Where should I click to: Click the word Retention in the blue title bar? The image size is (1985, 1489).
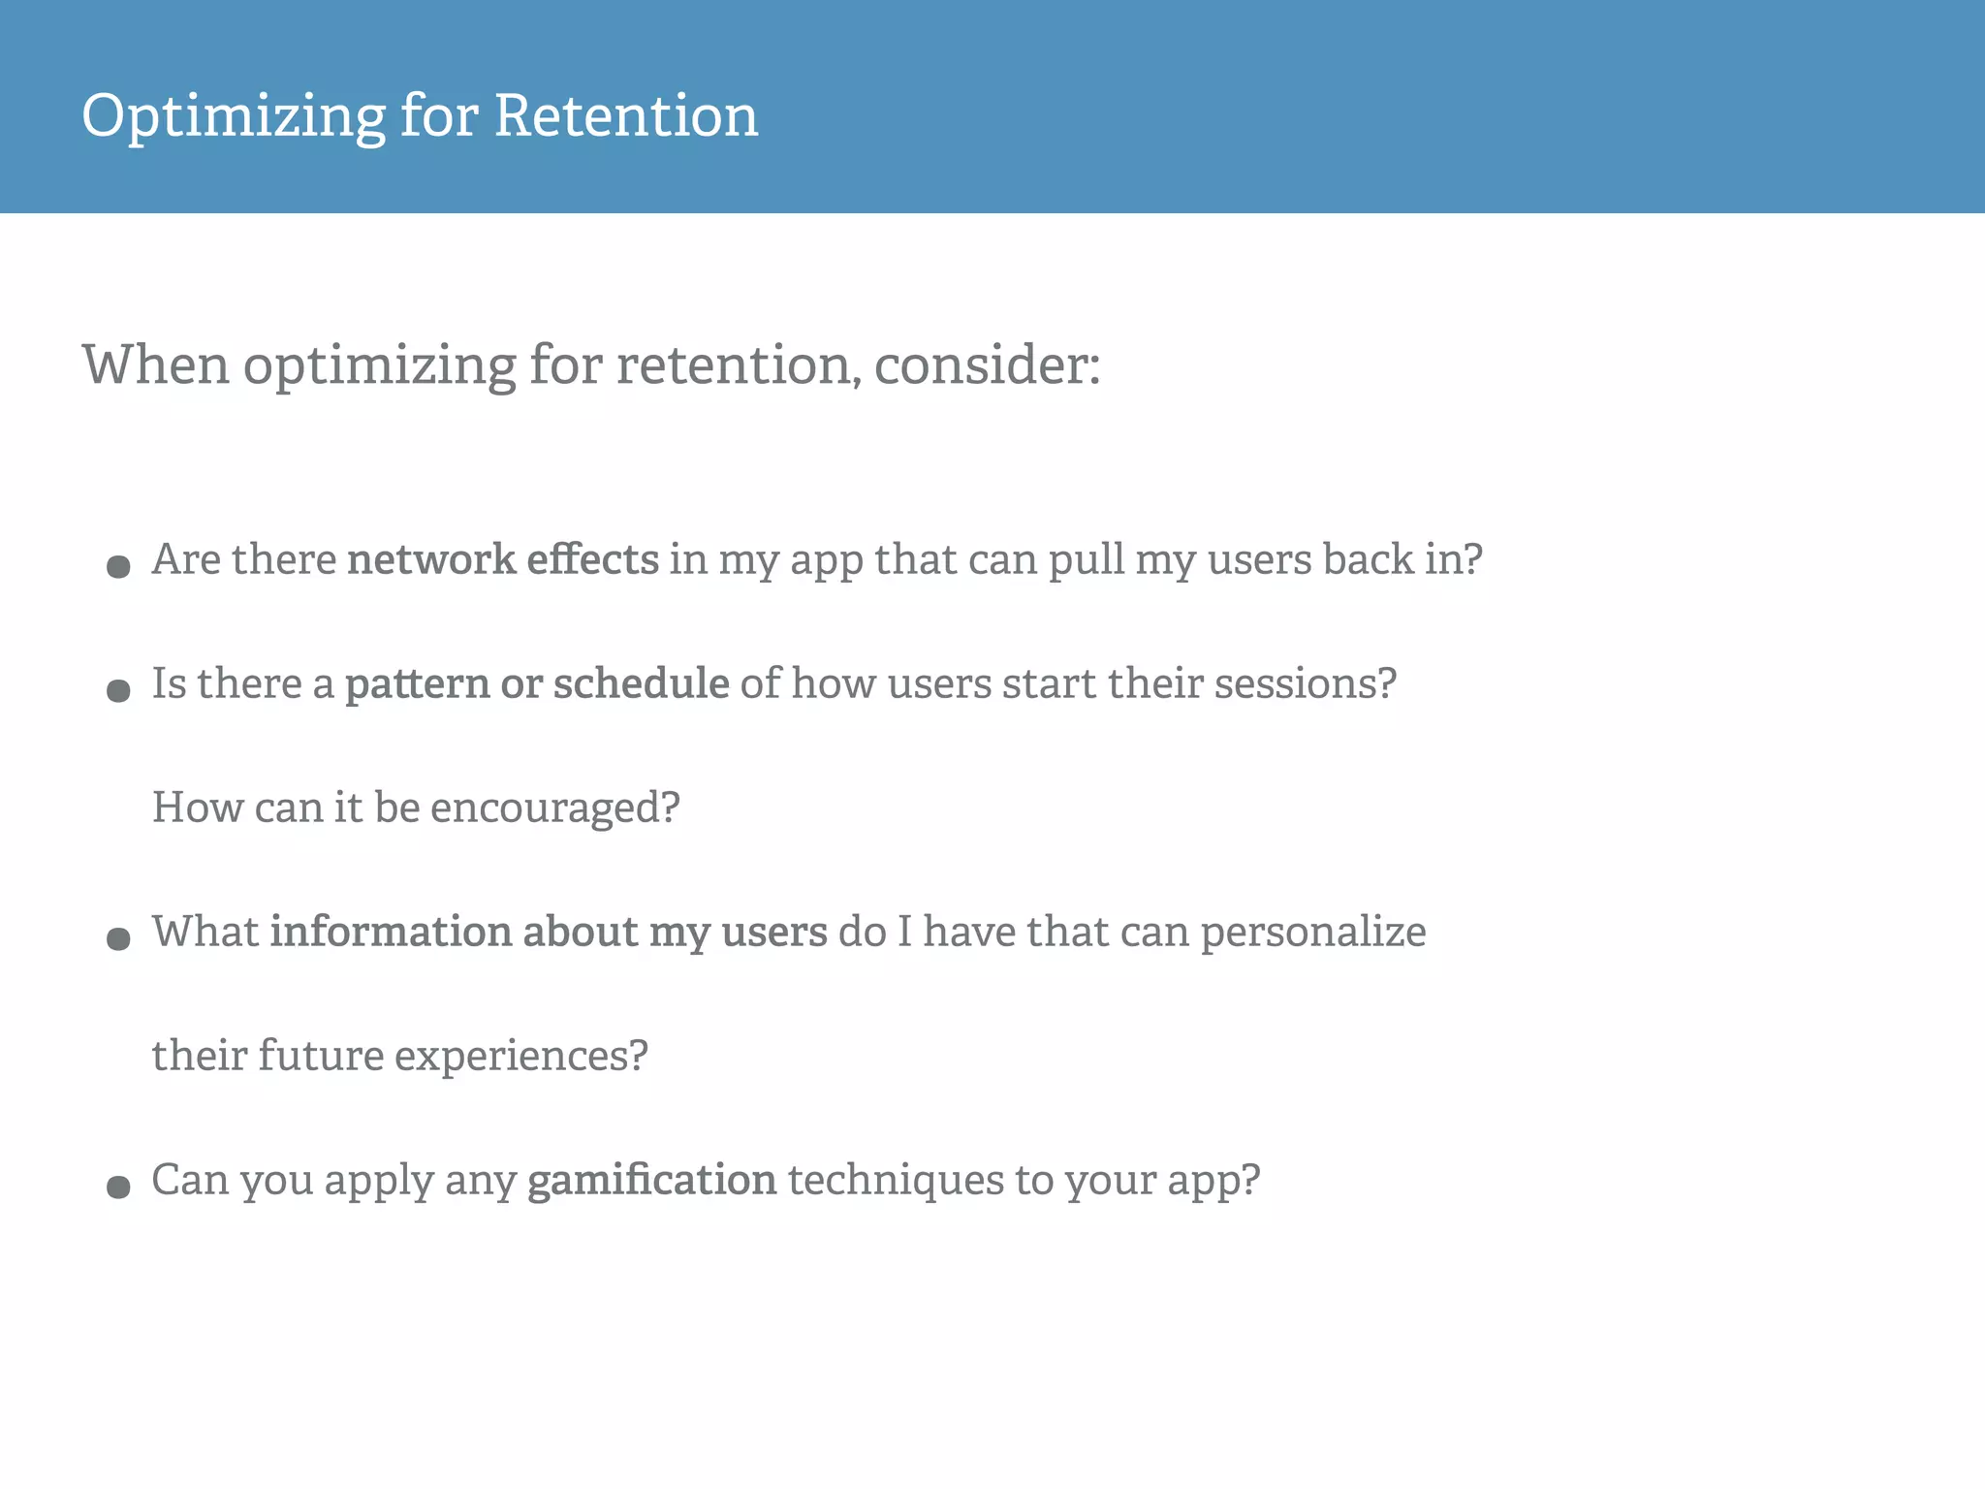click(626, 116)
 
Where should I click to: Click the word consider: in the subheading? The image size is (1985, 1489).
click(987, 365)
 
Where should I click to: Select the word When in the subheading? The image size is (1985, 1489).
click(155, 365)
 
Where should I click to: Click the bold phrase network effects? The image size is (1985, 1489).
click(502, 559)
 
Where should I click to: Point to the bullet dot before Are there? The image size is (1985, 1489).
click(118, 566)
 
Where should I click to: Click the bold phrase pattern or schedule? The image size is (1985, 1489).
click(537, 683)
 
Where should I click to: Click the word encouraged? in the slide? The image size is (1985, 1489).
click(554, 808)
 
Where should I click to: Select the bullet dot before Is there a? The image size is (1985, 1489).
click(118, 690)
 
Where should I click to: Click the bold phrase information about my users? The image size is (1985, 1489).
click(549, 932)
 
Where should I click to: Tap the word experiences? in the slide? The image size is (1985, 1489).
click(520, 1056)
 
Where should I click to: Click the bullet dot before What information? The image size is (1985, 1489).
click(118, 938)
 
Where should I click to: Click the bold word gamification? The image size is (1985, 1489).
click(651, 1181)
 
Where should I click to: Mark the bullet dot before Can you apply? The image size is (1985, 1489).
click(118, 1187)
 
